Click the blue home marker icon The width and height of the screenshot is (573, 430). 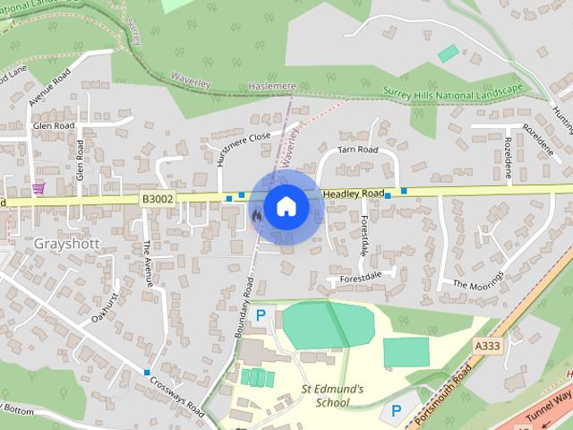tap(285, 207)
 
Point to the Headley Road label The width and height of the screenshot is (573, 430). tap(354, 193)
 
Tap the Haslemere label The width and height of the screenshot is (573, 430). tap(271, 85)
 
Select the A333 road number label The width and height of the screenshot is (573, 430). tap(488, 345)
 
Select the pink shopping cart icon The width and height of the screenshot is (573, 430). tap(38, 189)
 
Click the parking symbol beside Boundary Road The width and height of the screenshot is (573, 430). tap(261, 315)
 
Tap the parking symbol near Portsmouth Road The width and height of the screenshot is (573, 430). tap(395, 411)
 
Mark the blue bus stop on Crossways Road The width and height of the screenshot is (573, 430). tap(147, 372)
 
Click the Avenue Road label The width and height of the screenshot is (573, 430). tap(48, 87)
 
